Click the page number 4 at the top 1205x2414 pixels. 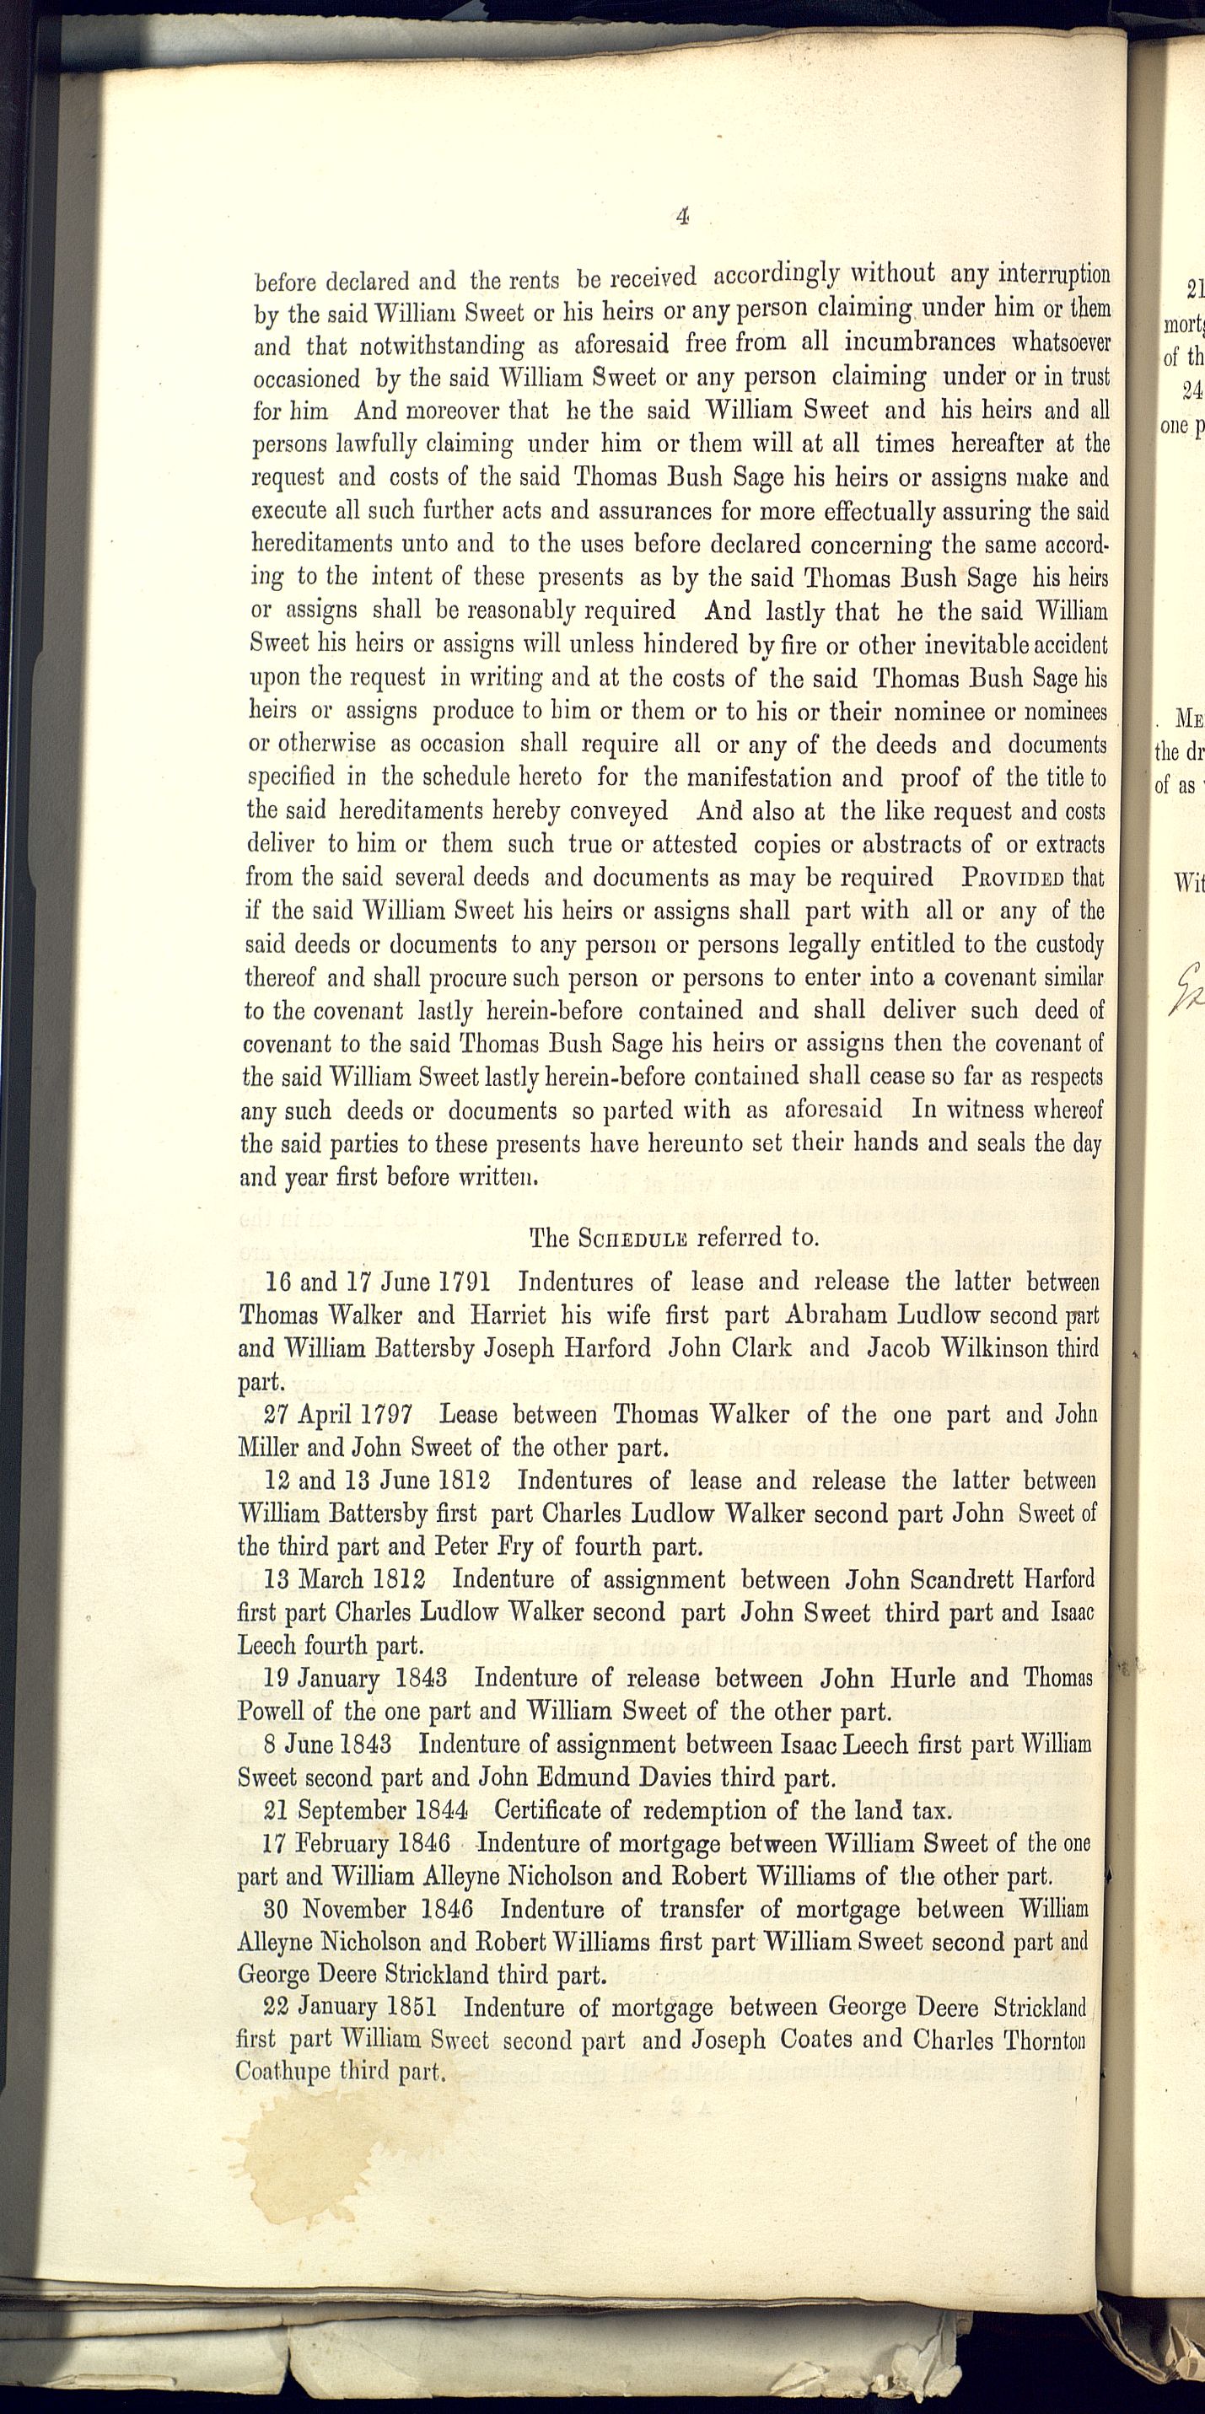(681, 217)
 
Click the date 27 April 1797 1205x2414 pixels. (337, 1415)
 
